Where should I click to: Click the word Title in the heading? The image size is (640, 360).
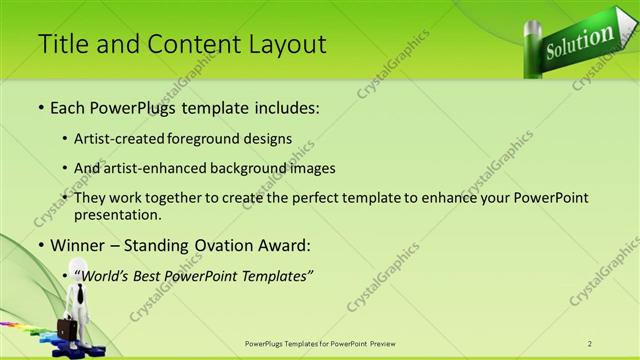pyautogui.click(x=61, y=44)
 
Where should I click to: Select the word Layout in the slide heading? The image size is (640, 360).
pyautogui.click(x=287, y=44)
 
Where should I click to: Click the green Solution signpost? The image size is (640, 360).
pyautogui.click(x=579, y=41)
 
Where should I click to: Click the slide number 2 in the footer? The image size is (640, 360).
pyautogui.click(x=590, y=343)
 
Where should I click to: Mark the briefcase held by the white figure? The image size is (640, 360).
pyautogui.click(x=67, y=328)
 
